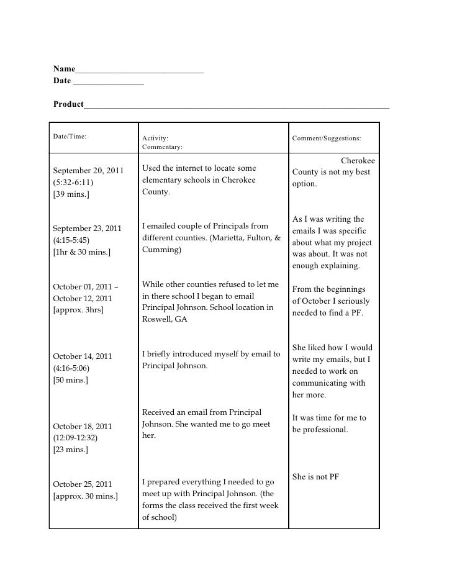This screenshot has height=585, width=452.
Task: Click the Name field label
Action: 64,68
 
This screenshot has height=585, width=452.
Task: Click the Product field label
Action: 68,104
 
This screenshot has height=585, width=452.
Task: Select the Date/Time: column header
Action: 70,135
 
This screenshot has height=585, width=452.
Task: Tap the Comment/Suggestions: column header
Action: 327,139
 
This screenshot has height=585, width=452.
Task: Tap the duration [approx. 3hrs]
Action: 78,310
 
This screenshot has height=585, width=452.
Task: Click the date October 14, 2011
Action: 83,356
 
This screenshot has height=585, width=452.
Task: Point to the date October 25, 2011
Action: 83,484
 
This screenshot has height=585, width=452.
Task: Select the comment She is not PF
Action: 315,477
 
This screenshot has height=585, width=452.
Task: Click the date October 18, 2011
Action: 83,427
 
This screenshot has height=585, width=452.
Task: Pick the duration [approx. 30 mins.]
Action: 86,496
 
